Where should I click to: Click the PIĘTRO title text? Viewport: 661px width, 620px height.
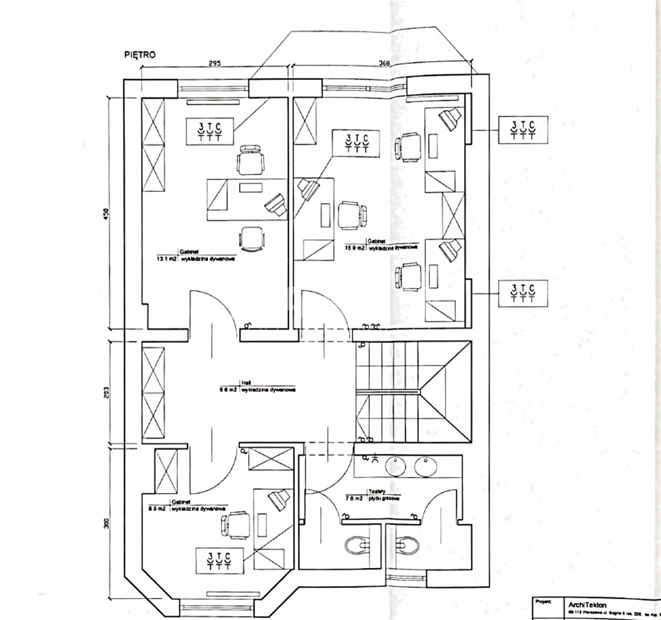coord(140,54)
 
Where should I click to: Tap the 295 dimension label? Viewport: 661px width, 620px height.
coord(215,64)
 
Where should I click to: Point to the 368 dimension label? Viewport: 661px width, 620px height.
coord(384,64)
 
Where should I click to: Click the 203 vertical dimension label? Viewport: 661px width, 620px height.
coord(106,393)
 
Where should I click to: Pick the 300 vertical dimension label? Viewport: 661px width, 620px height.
coord(107,523)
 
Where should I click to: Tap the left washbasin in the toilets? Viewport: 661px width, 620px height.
coord(397,465)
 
